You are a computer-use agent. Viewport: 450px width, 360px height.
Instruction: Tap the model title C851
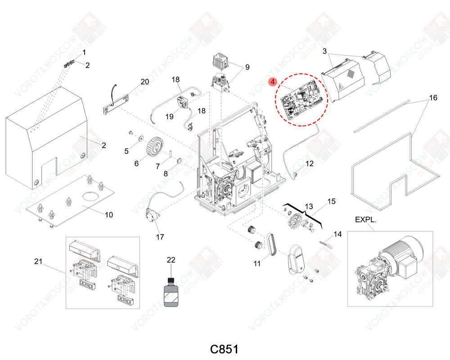click(x=224, y=349)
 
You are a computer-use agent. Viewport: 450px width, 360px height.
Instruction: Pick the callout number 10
click(x=109, y=215)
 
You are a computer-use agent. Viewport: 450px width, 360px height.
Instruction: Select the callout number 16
click(x=433, y=98)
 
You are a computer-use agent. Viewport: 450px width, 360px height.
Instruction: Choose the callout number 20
click(x=144, y=81)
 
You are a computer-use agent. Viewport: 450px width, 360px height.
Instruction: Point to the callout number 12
click(x=310, y=164)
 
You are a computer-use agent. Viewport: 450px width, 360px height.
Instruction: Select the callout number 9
click(x=247, y=67)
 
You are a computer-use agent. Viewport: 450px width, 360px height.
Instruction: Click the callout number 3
click(x=324, y=51)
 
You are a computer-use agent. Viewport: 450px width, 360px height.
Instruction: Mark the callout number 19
click(x=169, y=116)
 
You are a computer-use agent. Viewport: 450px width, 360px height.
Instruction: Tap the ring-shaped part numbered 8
click(x=178, y=161)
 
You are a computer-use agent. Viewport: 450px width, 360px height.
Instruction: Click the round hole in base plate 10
click(x=90, y=196)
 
